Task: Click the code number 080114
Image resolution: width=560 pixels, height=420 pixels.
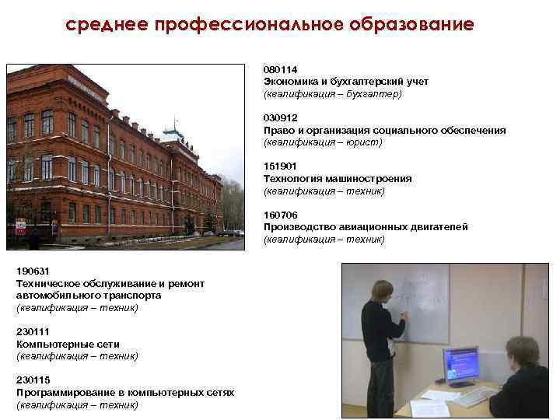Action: point(280,69)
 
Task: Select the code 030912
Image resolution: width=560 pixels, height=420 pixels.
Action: point(280,117)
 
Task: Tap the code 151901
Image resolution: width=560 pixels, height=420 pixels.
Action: point(279,166)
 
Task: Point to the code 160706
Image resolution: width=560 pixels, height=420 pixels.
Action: point(280,215)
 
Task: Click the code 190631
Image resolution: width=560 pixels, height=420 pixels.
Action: point(32,271)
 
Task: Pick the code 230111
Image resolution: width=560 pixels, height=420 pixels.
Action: point(32,332)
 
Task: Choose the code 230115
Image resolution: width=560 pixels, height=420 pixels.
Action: point(32,380)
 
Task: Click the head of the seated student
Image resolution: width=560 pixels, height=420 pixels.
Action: point(519,350)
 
